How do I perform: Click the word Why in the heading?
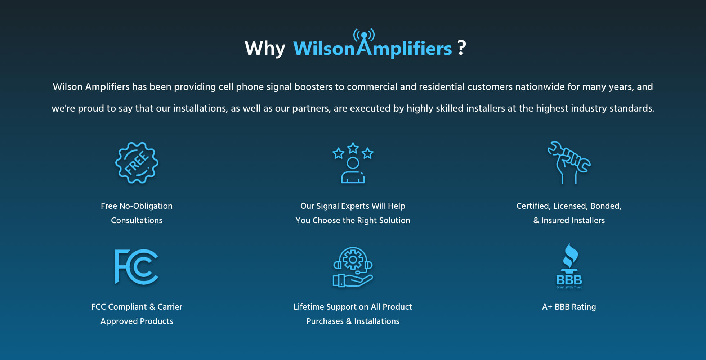pyautogui.click(x=265, y=48)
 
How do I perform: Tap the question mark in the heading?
pyautogui.click(x=461, y=48)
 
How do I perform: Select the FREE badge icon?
pyautogui.click(x=137, y=163)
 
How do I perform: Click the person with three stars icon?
pyautogui.click(x=353, y=163)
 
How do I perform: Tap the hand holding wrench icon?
pyautogui.click(x=569, y=163)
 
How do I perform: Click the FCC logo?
pyautogui.click(x=137, y=267)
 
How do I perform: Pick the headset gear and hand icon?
pyautogui.click(x=353, y=267)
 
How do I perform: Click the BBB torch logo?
pyautogui.click(x=569, y=266)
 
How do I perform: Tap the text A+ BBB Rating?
pyautogui.click(x=569, y=307)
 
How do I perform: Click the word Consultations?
pyautogui.click(x=137, y=220)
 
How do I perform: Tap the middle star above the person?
pyautogui.click(x=353, y=148)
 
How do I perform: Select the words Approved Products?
pyautogui.click(x=137, y=321)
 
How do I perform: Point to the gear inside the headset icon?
pyautogui.click(x=353, y=260)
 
